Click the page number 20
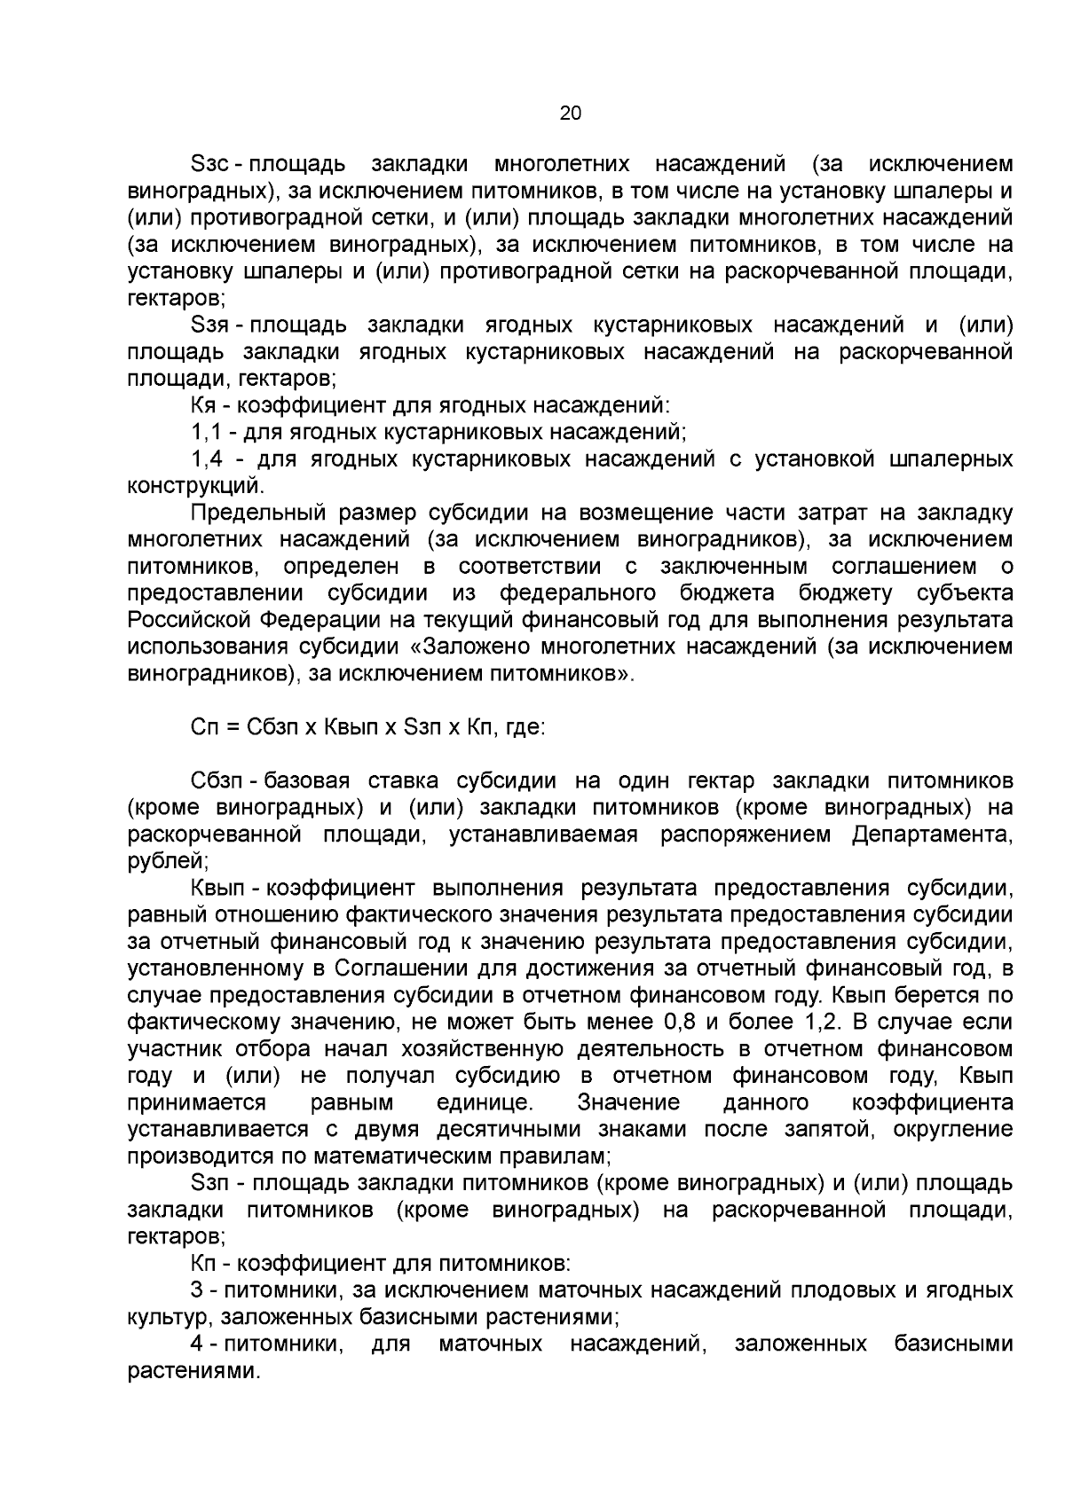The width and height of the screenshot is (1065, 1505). click(x=570, y=113)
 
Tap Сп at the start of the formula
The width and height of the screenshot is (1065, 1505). click(x=202, y=728)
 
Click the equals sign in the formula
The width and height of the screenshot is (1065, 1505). click(x=231, y=728)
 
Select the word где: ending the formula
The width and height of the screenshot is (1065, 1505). click(x=525, y=728)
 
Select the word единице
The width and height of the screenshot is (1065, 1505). click(x=485, y=1103)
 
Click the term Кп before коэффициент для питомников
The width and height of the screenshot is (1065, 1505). click(x=202, y=1263)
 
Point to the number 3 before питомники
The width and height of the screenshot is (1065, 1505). click(x=196, y=1289)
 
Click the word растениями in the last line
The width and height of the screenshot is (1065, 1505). click(x=193, y=1370)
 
